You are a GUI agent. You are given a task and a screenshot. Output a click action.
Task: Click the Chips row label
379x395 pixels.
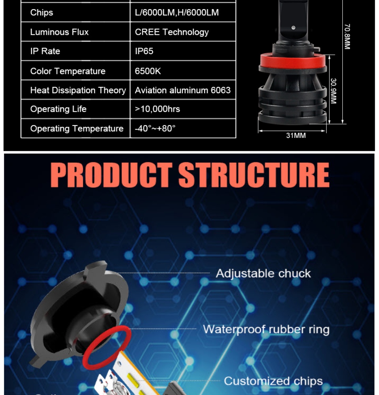[41, 13]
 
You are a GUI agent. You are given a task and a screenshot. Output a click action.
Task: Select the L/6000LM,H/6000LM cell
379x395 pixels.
[177, 13]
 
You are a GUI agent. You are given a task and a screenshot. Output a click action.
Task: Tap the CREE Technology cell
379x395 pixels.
[172, 32]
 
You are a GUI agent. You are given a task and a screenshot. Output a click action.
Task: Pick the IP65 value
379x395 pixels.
[144, 51]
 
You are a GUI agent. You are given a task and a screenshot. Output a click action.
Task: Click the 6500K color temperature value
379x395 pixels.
[148, 71]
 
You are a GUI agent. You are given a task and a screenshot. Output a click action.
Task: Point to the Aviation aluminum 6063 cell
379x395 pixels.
[182, 90]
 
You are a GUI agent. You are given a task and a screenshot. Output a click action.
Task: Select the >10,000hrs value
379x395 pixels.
[158, 109]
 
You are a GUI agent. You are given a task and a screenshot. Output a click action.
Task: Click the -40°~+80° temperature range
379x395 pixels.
[155, 128]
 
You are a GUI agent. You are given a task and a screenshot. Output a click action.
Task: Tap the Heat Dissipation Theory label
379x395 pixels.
[78, 90]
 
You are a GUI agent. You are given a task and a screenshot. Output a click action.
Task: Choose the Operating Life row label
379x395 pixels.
[58, 109]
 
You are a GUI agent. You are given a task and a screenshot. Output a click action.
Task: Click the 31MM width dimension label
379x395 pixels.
[296, 135]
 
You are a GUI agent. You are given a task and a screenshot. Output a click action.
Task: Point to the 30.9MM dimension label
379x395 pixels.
[333, 91]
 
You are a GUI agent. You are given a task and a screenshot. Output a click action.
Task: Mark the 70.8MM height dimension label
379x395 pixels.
[347, 36]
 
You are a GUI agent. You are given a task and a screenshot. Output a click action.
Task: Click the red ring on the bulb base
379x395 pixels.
[293, 60]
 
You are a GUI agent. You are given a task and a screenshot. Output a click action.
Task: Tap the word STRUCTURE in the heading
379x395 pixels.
[254, 175]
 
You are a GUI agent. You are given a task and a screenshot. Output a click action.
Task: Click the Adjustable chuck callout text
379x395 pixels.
[263, 274]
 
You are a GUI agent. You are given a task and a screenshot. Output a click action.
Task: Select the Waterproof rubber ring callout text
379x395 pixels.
[266, 329]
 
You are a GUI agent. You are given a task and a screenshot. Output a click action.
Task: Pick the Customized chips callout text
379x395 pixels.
[273, 381]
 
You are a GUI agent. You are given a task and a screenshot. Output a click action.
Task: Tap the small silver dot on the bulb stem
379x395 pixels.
[293, 28]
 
